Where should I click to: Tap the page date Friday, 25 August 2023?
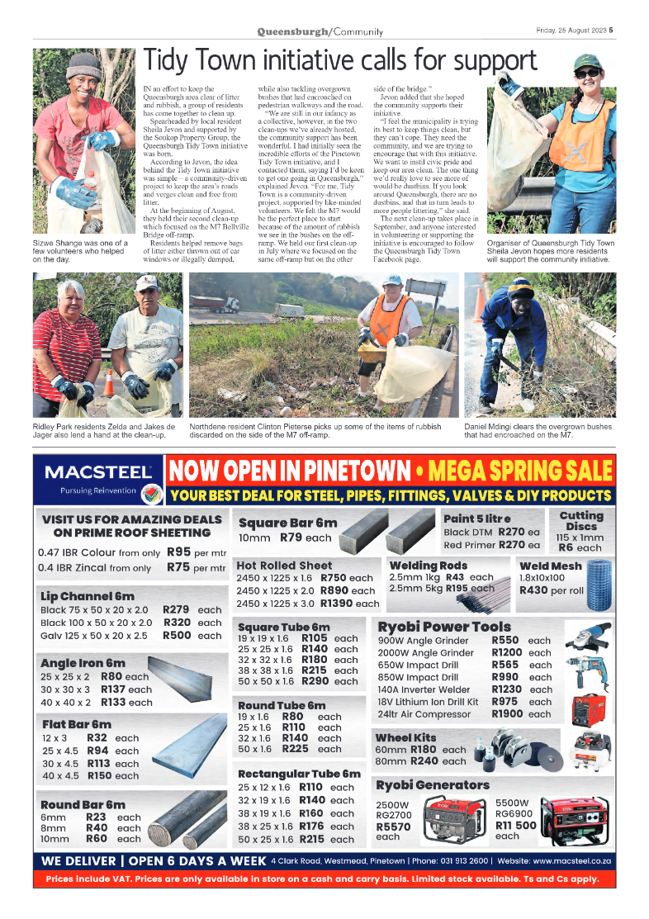[x=571, y=31]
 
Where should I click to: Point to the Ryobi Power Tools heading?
[x=443, y=627]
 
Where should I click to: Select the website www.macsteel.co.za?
[x=565, y=860]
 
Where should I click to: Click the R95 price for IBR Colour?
[x=178, y=552]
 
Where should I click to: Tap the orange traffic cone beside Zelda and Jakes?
[x=110, y=384]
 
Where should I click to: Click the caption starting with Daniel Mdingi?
[x=537, y=430]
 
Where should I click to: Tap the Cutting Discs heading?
[x=581, y=521]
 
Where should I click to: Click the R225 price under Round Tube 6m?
[x=295, y=749]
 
